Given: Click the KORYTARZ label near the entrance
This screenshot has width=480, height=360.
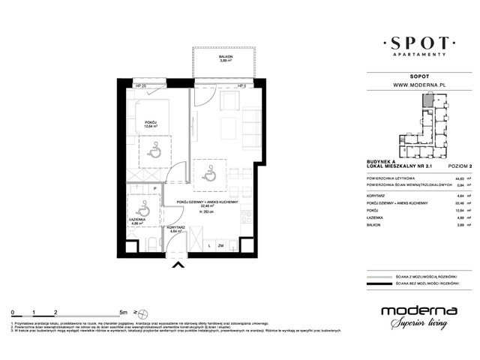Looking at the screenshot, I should pos(177,230).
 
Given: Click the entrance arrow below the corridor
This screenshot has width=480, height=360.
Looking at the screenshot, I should pos(178,263).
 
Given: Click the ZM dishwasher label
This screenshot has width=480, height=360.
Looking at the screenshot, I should pos(220,245).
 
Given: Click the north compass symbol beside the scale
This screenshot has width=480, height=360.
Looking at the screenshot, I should pos(135,310).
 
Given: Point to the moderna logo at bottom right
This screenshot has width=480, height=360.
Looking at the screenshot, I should pos(414,315).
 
